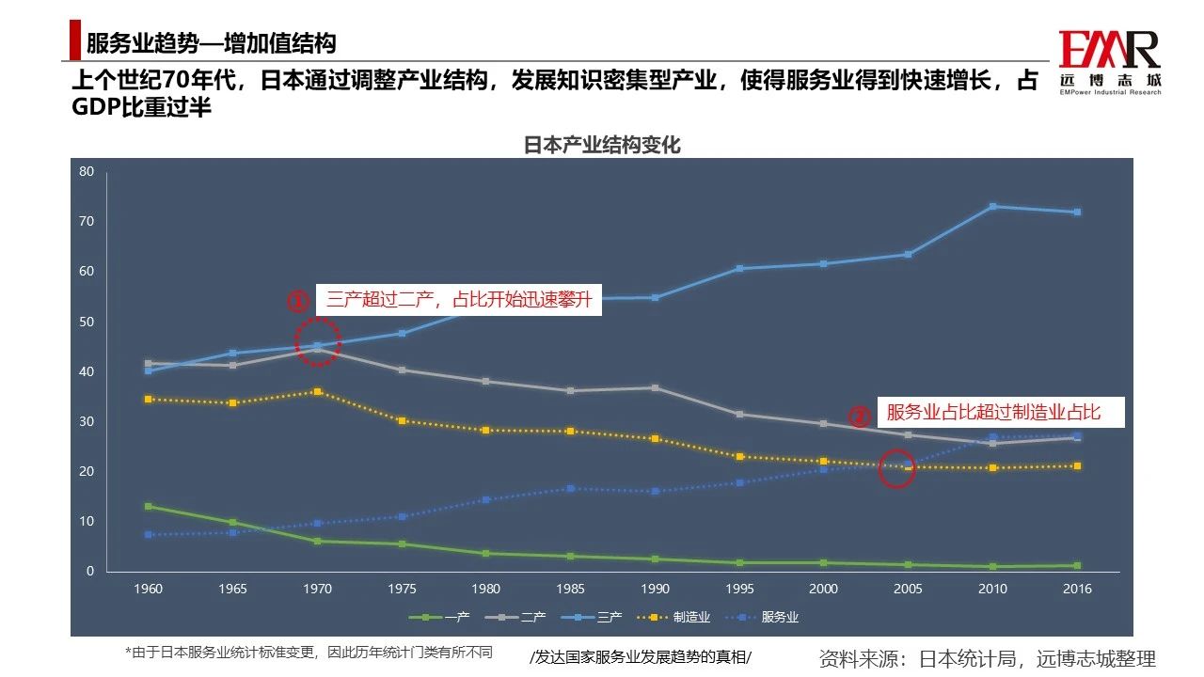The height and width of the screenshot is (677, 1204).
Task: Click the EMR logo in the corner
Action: [1110, 62]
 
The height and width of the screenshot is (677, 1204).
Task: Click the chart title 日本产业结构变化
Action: [602, 146]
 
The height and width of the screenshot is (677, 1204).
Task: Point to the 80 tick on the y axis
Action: [87, 171]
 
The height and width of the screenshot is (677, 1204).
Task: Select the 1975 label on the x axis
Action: [403, 590]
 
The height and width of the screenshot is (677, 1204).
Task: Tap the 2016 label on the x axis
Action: [1077, 590]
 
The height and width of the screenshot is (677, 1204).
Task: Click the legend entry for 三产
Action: [594, 618]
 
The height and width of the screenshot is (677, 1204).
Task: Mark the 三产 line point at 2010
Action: [992, 207]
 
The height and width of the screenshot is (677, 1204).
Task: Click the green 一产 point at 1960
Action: [149, 506]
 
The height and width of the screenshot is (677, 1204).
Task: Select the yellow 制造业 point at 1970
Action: [318, 391]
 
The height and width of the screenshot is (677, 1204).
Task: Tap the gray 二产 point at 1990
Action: [656, 387]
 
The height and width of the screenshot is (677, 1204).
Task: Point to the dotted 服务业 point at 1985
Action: [571, 488]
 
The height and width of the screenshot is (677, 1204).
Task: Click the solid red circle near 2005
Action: [896, 468]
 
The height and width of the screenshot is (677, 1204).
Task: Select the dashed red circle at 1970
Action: [318, 341]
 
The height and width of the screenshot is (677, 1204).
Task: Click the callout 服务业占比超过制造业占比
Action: [992, 412]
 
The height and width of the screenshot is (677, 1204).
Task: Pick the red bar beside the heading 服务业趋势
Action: [75, 42]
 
